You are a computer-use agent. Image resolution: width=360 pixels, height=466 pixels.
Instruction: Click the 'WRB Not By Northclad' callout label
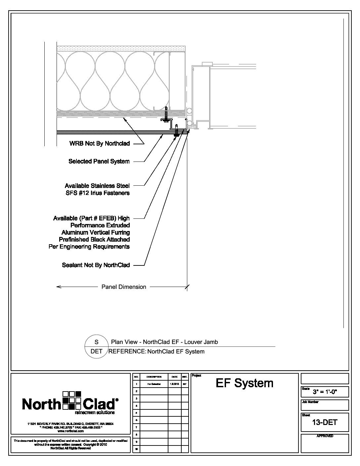tap(99, 144)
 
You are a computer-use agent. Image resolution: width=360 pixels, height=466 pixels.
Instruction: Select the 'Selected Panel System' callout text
tap(99, 162)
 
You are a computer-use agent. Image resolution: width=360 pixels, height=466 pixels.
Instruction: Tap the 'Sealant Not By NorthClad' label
tap(96, 265)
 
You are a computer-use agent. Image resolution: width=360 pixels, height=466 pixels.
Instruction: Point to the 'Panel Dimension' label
tap(123, 287)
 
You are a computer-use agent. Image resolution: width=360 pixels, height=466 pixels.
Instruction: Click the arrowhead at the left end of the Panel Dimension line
tap(59, 287)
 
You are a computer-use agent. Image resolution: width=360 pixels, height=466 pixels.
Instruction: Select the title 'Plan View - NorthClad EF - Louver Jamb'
tap(164, 342)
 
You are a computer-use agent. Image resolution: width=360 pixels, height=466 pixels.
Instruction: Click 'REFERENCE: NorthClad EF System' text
tap(157, 351)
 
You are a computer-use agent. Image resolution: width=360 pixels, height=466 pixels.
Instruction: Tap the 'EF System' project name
tap(245, 383)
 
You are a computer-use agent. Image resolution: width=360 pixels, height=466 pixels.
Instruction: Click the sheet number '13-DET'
tap(325, 422)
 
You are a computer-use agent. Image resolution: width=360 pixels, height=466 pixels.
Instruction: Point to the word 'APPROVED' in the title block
tap(325, 436)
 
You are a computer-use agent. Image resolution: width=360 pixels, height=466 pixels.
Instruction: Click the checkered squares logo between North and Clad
tap(71, 401)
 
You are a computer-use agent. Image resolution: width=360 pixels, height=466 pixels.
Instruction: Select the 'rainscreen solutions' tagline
tap(95, 413)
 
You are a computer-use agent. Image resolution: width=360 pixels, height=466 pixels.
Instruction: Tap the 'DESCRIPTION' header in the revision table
tap(154, 377)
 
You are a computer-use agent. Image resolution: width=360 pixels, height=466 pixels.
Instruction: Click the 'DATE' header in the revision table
tap(174, 377)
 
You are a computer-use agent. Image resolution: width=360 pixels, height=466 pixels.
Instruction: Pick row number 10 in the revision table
tap(136, 449)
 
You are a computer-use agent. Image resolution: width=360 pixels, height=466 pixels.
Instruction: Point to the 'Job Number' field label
tap(310, 402)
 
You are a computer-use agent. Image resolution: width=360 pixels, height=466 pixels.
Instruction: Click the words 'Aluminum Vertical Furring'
tap(96, 232)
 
